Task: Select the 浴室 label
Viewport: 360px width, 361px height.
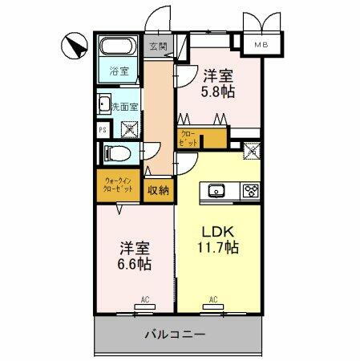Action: click(x=119, y=71)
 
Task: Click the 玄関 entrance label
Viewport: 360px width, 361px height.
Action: click(x=157, y=46)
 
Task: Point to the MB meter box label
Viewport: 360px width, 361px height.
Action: click(x=262, y=46)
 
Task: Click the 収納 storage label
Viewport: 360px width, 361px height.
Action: click(x=158, y=190)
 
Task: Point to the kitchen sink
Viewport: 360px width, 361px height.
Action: click(x=216, y=190)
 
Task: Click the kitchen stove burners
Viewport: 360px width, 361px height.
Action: click(x=251, y=190)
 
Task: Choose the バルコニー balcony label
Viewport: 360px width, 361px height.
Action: click(x=176, y=334)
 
